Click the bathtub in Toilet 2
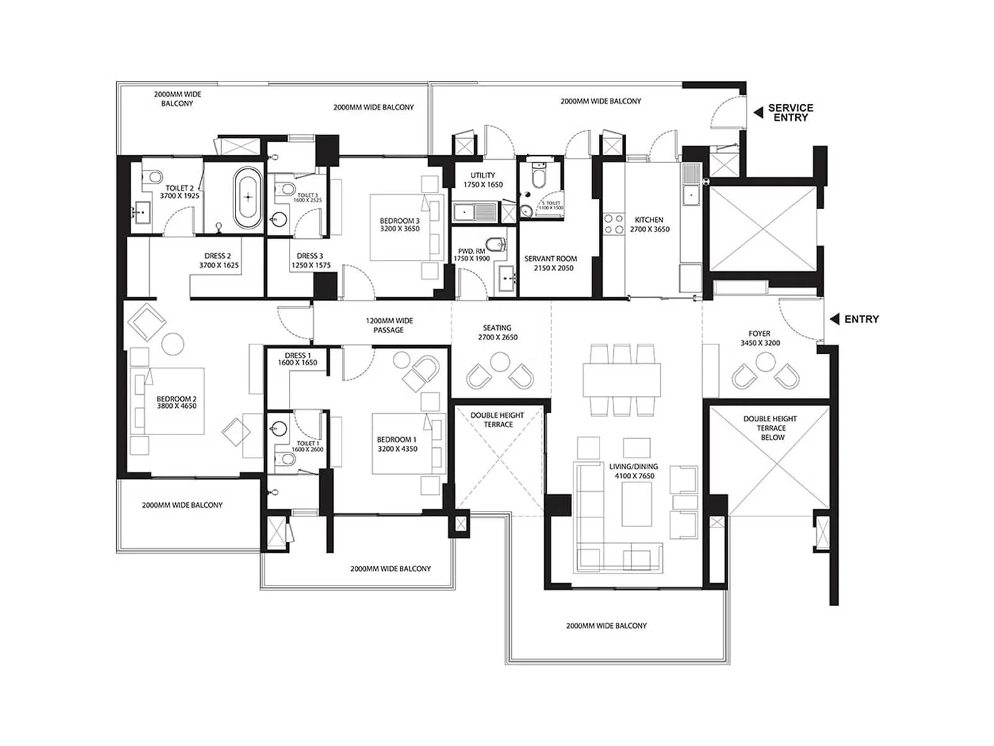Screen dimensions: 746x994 [248, 197]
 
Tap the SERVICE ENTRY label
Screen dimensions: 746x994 [790, 113]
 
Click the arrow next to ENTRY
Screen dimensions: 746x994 [834, 319]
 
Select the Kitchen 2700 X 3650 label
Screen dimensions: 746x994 [649, 224]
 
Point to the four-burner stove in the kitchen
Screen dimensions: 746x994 [614, 224]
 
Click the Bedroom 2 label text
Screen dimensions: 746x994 [176, 402]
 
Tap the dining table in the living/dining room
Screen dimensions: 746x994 [621, 380]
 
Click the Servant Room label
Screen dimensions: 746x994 [550, 263]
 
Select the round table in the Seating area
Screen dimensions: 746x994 [499, 361]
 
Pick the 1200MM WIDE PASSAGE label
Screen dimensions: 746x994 [389, 325]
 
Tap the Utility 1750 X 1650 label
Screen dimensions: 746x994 [483, 180]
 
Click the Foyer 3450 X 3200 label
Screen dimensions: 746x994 [759, 338]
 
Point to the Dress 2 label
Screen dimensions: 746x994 [218, 260]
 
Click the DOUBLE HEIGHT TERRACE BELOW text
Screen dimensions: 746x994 [770, 428]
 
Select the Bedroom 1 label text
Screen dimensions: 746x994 [397, 444]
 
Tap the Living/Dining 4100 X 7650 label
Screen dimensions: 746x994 [634, 471]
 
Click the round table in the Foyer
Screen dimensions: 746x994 [762, 361]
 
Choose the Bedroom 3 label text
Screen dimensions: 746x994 [399, 224]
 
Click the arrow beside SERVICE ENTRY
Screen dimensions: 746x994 [758, 113]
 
